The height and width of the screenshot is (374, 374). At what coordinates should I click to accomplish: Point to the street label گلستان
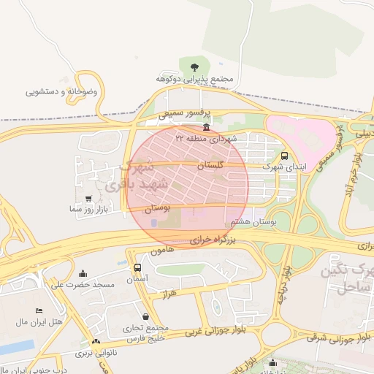coord(210,167)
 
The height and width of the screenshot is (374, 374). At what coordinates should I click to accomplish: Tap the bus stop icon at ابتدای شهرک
coord(284,156)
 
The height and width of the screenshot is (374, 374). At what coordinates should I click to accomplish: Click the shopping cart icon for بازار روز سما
coord(89,198)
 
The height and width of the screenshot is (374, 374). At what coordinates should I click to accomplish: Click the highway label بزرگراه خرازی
coord(215,239)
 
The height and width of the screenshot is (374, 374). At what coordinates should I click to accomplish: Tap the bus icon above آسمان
coord(137,268)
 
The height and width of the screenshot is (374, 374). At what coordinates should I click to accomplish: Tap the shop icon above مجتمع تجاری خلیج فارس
coord(148,317)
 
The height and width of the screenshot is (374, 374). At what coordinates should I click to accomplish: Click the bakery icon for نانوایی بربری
coord(96,342)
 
